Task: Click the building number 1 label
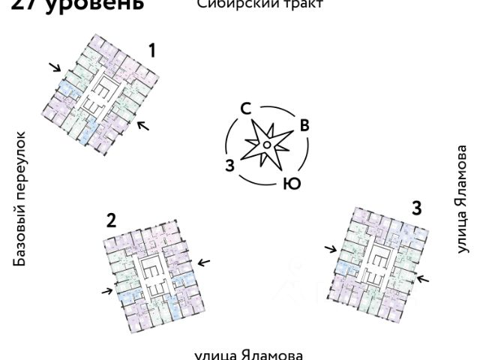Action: pos(152,51)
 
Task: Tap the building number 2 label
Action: pos(111,220)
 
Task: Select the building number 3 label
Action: pos(415,207)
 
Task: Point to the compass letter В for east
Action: pos(304,125)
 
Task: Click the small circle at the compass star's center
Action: pos(267,145)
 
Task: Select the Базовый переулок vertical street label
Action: pos(20,198)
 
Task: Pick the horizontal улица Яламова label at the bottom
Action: pos(248,354)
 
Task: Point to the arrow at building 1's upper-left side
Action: pos(55,67)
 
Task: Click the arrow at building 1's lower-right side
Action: pos(142,124)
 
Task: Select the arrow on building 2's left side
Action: pos(106,290)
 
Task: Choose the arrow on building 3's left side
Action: pos(331,248)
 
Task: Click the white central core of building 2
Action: pos(154,270)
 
